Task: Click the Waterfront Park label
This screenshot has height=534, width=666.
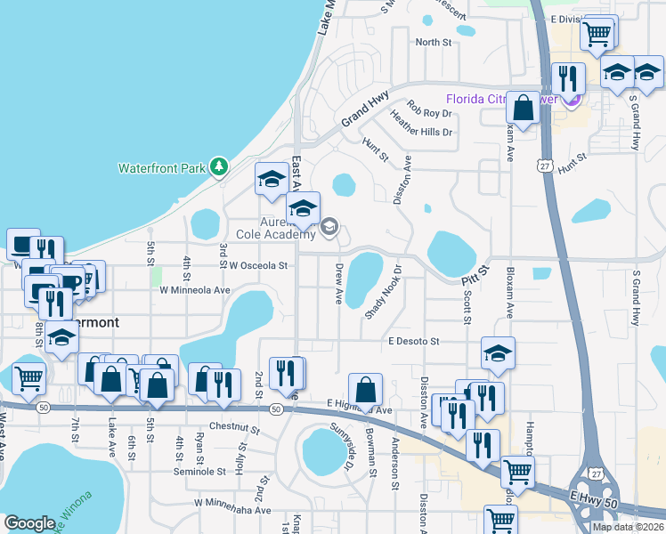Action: tap(162, 167)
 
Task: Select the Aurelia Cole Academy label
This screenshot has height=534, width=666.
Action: tap(276, 228)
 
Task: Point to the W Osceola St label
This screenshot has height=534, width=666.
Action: tap(258, 265)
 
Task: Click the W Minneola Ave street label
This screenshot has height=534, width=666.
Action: tap(195, 290)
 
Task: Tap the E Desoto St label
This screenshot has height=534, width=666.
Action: tap(414, 341)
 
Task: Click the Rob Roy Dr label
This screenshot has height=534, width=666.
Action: tap(430, 114)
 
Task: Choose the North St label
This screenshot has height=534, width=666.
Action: tap(434, 42)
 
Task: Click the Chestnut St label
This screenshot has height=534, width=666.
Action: tap(233, 428)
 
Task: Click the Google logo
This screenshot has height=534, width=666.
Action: tap(29, 523)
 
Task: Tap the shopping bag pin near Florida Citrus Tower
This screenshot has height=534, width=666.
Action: tap(524, 109)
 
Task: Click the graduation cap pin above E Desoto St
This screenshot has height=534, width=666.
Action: tap(499, 353)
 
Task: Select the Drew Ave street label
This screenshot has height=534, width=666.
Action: tap(339, 284)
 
